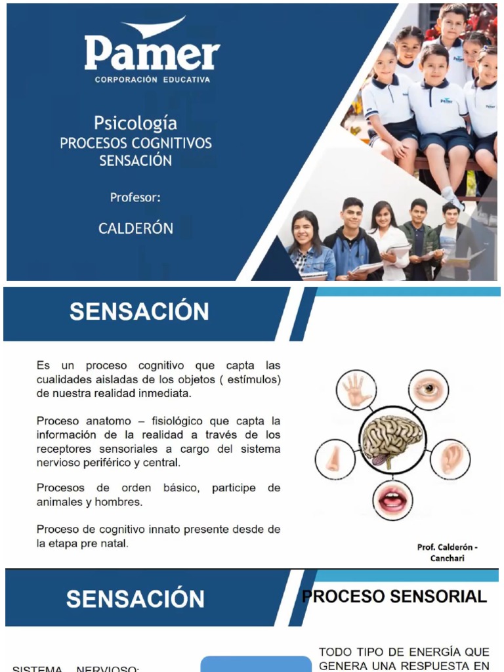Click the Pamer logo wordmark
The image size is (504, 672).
tap(152, 52)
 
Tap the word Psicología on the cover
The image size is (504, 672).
tap(135, 123)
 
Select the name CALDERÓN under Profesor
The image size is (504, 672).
tap(136, 228)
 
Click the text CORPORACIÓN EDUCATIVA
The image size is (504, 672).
tap(152, 80)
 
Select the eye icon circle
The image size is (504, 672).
tap(428, 388)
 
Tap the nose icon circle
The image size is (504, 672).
tap(335, 458)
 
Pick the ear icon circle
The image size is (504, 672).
tap(451, 457)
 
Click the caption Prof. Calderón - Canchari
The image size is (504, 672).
tap(448, 553)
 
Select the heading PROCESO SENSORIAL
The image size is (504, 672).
tap(394, 597)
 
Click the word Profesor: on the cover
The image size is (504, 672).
tap(135, 197)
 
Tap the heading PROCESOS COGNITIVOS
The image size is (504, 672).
tap(136, 143)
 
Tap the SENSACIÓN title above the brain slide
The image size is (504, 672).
tap(139, 312)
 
